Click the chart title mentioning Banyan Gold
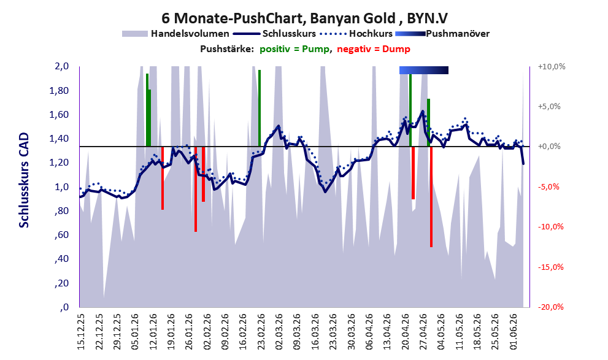pos(304,18)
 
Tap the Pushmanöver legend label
pos(458,34)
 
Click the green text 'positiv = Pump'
pos(294,49)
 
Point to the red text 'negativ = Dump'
pos(374,49)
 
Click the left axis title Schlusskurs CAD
pos(24,180)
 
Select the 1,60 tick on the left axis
pos(61,115)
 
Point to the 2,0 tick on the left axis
pos(61,66)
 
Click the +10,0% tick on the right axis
pos(552,67)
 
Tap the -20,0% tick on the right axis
pos(551,307)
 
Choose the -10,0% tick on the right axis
pos(551,227)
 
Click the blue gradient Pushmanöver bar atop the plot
pos(424,70)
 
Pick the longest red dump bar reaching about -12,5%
pos(431,197)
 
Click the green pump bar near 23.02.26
pos(260,109)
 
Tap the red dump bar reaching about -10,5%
pos(196,189)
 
